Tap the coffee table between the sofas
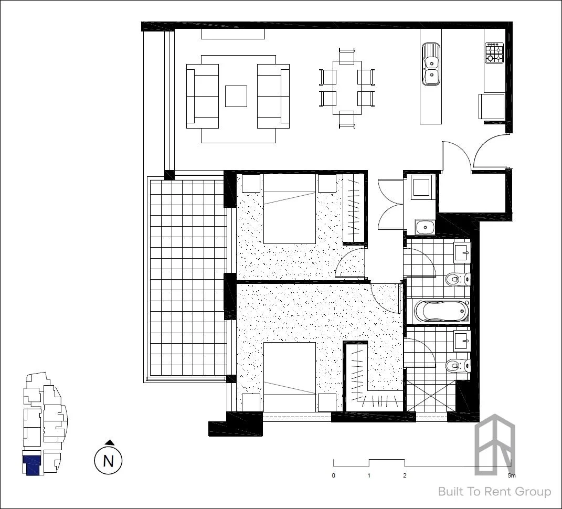tap(236, 96)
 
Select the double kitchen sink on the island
tap(431, 64)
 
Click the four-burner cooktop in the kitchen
tap(494, 53)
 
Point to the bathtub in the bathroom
tap(441, 311)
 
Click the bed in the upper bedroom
tap(289, 209)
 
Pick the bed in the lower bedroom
tap(289, 377)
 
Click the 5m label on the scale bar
tap(512, 476)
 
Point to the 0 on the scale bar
tap(334, 476)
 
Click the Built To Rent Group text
tap(494, 492)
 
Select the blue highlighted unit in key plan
tap(33, 465)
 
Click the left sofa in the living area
tap(203, 96)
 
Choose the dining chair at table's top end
tap(347, 56)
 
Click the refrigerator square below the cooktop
tap(492, 106)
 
